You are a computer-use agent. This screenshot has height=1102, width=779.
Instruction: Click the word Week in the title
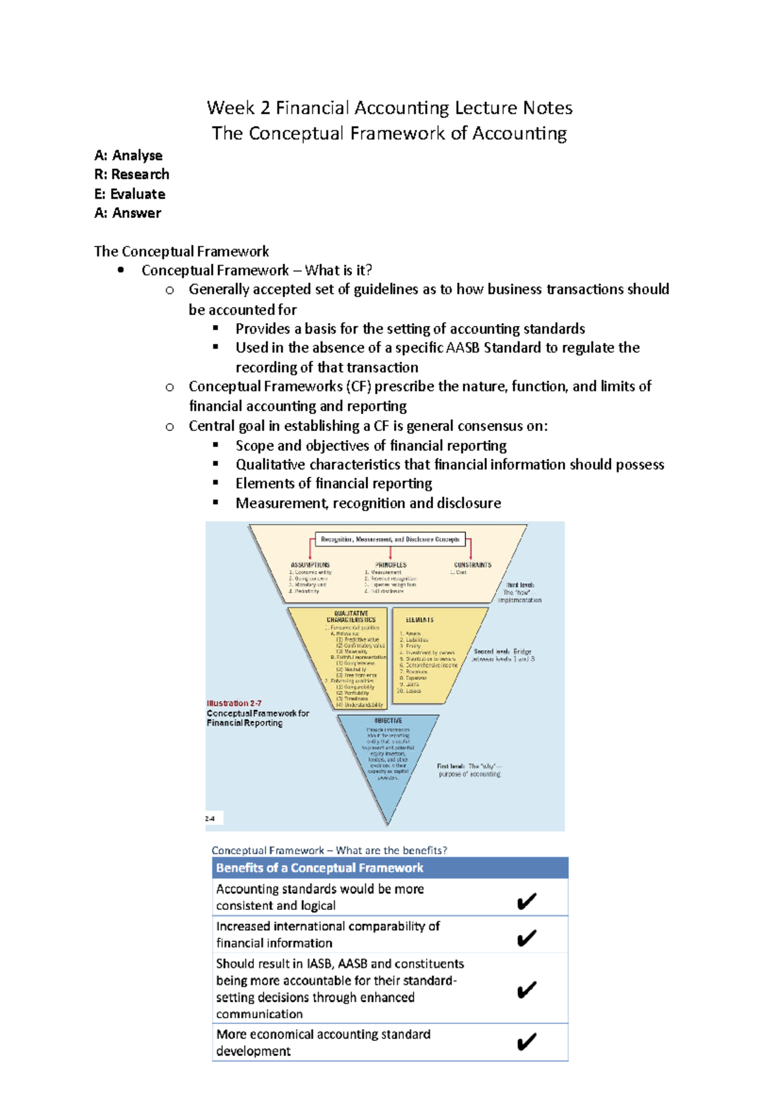pos(230,108)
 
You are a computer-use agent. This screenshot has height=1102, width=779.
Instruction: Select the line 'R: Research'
pos(132,175)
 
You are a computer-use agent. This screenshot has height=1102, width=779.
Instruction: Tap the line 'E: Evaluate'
pos(130,194)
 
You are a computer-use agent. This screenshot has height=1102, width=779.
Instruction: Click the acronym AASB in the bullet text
pos(463,348)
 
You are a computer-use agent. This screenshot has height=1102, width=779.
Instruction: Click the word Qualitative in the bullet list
pos(270,465)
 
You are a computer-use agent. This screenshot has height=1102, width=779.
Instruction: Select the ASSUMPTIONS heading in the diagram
pos(310,565)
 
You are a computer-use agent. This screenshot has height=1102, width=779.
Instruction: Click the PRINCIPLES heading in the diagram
pos(391,565)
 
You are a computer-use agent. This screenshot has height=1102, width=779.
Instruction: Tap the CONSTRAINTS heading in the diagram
pos(473,565)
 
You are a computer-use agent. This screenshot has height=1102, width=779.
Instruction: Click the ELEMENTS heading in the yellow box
pos(420,620)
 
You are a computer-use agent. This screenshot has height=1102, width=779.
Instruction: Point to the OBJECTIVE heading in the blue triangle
pos(388,720)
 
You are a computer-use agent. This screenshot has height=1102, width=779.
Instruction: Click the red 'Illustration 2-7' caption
pos(234,703)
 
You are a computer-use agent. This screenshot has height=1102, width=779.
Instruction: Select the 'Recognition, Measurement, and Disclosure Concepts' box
pos(390,539)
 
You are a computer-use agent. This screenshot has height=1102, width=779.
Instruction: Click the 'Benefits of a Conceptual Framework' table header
pos(319,868)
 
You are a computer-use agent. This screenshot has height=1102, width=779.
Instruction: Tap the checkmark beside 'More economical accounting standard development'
pos(526,1042)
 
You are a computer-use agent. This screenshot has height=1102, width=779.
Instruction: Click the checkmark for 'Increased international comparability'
pos(526,938)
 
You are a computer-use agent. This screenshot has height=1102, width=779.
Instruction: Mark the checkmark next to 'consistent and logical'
pos(526,901)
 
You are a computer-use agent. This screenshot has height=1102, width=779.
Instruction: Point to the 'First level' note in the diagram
pos(451,766)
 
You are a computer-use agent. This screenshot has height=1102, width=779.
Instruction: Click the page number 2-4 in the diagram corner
pos(210,819)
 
